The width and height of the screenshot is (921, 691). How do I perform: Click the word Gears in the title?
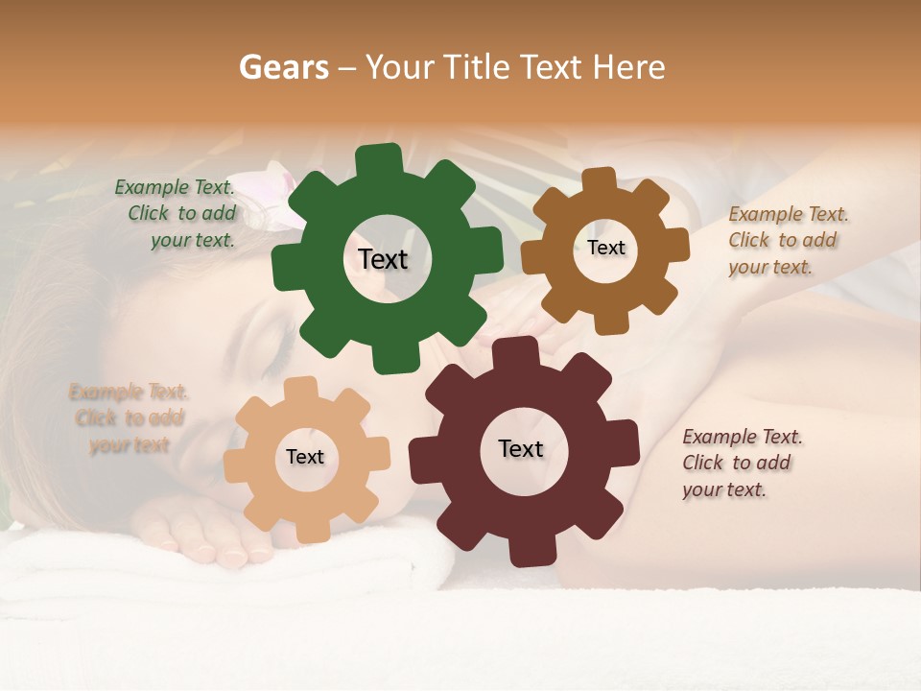283,67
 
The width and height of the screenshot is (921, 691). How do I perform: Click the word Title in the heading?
483,67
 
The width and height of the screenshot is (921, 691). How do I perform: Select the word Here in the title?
629,67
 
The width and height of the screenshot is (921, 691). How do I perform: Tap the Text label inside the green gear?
383,259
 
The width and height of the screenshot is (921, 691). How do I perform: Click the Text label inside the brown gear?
605,248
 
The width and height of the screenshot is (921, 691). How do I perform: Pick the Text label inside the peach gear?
305,457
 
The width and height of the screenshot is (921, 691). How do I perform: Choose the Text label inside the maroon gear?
521,448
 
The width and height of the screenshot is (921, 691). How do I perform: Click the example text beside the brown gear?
787,240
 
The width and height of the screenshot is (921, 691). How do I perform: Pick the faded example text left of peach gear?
128,418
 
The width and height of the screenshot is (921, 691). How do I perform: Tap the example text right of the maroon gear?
741,463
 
